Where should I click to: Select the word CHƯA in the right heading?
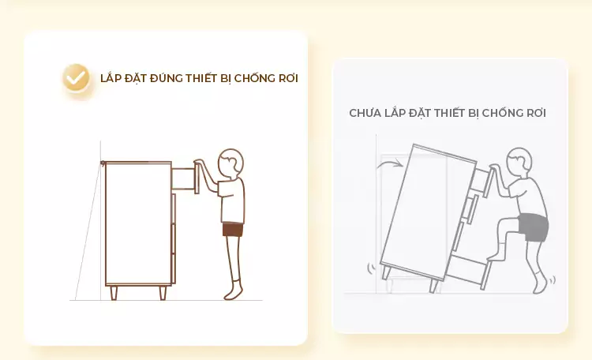click(364, 113)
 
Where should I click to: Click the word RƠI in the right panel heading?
click(534, 113)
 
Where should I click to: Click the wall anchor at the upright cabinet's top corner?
click(103, 163)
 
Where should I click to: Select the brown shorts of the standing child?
click(232, 230)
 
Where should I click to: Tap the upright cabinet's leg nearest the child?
click(163, 292)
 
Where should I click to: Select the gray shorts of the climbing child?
click(533, 227)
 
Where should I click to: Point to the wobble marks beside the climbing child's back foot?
click(553, 279)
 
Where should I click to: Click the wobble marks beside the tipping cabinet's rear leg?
click(371, 268)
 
